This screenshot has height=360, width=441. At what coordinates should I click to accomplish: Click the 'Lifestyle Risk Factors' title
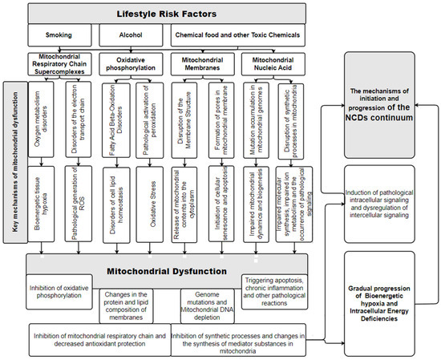[x=164, y=13]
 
